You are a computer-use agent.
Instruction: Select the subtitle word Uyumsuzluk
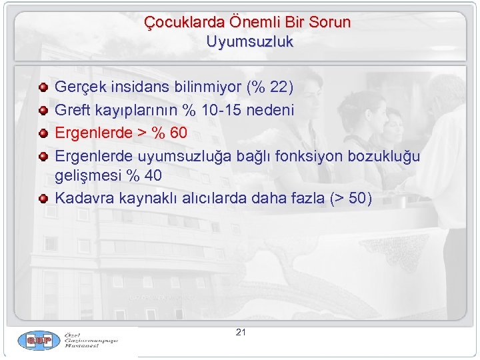(x=249, y=41)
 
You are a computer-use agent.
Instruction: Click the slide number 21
(x=241, y=332)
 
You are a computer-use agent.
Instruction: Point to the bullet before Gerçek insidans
(x=43, y=87)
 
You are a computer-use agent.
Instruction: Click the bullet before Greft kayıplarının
(x=43, y=110)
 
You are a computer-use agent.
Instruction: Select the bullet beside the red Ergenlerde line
(x=43, y=133)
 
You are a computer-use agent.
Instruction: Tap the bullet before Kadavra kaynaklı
(x=43, y=199)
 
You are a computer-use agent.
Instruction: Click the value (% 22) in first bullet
(x=270, y=87)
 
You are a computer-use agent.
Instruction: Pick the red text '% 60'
(x=169, y=133)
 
